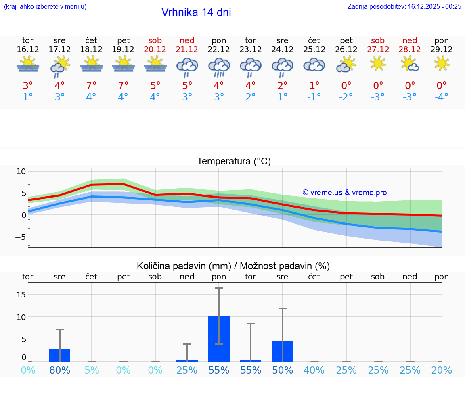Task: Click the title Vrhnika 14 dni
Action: click(196, 12)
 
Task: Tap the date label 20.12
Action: click(155, 49)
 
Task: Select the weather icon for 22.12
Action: click(219, 67)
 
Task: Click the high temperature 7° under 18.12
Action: click(91, 85)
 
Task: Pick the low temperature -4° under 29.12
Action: click(441, 97)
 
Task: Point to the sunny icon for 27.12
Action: click(378, 63)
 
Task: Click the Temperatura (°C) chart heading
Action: click(234, 161)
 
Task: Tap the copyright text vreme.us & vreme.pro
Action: click(344, 193)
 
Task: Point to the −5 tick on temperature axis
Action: click(20, 237)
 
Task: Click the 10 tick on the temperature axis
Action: click(21, 171)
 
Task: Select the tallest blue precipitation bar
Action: click(219, 339)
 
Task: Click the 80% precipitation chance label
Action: click(60, 370)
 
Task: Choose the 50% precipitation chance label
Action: click(283, 370)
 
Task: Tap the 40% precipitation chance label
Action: click(314, 370)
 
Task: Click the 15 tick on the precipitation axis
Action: click(21, 294)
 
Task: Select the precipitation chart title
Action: click(233, 266)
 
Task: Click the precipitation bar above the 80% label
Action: click(60, 356)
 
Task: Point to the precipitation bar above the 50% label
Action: click(283, 351)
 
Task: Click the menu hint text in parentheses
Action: click(45, 6)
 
